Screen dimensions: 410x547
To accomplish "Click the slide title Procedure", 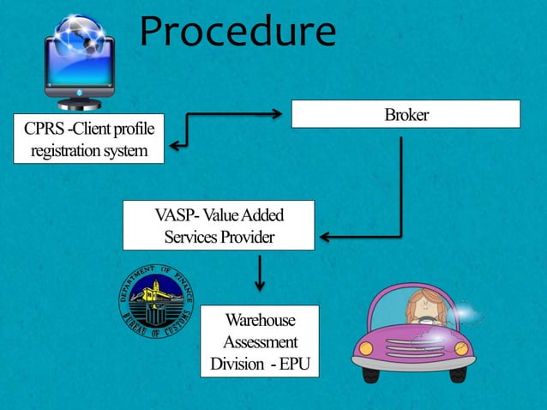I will click(237, 33).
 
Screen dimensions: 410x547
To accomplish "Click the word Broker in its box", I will click(406, 115).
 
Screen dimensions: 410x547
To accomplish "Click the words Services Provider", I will click(219, 237).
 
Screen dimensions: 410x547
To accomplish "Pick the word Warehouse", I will click(260, 321).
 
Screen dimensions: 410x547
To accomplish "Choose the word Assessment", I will click(260, 342).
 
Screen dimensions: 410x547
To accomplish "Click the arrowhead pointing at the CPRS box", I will click(174, 146).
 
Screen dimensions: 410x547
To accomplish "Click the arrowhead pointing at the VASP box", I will click(325, 235).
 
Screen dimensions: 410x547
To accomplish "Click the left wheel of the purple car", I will click(379, 366).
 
